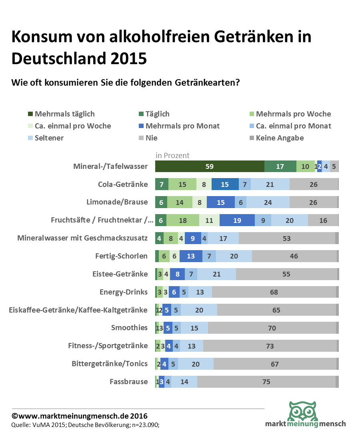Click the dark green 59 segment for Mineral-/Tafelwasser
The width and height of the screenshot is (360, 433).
click(x=210, y=166)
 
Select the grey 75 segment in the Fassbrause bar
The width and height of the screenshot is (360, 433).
click(x=266, y=382)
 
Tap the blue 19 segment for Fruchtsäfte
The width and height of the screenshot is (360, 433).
click(x=237, y=221)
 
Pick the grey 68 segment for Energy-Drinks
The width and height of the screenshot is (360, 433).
click(x=274, y=292)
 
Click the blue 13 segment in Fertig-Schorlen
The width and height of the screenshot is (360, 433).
click(x=191, y=256)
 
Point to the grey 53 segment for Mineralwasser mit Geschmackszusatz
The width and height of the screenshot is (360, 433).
click(x=287, y=238)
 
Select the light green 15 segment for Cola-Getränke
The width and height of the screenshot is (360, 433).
click(x=182, y=184)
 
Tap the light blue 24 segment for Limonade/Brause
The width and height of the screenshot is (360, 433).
click(x=268, y=202)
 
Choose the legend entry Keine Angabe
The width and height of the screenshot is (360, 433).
click(x=280, y=138)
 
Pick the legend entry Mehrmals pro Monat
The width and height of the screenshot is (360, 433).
click(x=182, y=126)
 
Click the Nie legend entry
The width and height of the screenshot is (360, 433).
click(x=152, y=138)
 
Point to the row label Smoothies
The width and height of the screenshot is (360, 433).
click(x=129, y=328)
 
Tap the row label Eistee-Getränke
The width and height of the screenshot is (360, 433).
click(x=120, y=274)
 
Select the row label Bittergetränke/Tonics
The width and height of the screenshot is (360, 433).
click(x=110, y=364)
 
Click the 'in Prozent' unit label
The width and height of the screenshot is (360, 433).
click(x=172, y=155)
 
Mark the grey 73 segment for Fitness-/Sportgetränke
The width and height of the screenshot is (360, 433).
click(x=270, y=346)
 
